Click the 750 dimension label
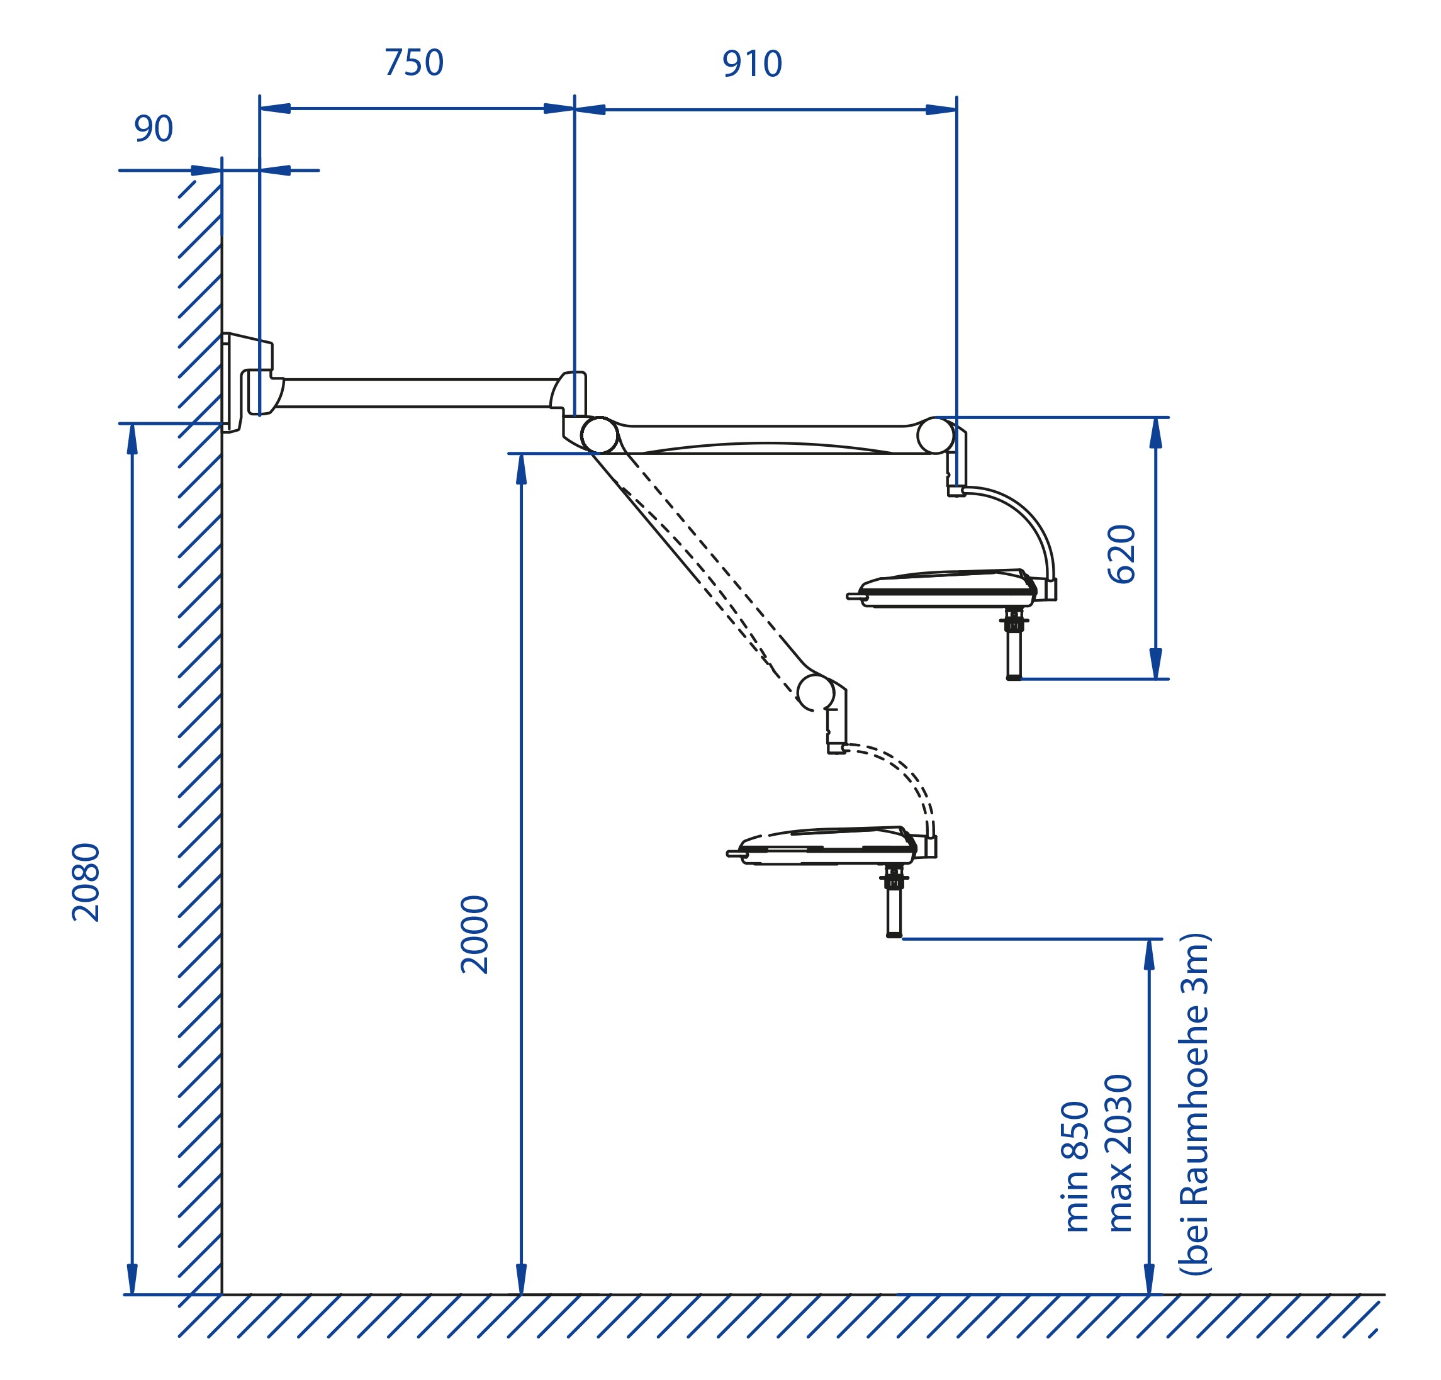(x=414, y=62)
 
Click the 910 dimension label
(x=752, y=64)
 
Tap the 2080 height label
(x=86, y=882)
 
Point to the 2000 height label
(x=475, y=934)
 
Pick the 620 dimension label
(x=1122, y=554)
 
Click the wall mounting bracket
(x=247, y=383)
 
